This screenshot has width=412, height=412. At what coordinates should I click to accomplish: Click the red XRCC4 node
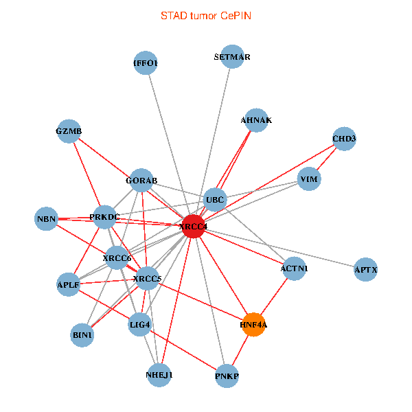[193, 227]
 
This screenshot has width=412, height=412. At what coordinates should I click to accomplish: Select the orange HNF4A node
[253, 324]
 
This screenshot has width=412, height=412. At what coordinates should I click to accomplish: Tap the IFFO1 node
[146, 63]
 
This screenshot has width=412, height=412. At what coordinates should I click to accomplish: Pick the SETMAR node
[232, 57]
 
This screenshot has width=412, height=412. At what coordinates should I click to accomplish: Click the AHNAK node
[256, 120]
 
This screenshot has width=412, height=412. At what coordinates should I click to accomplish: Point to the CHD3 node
[344, 139]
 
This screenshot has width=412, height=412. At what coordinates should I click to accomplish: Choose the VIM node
[309, 180]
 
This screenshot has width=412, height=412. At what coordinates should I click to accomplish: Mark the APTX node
[366, 270]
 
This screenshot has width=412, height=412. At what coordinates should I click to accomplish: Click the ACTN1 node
[294, 269]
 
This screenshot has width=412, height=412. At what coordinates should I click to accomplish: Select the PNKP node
[227, 376]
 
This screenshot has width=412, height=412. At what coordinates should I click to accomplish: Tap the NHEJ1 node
[159, 376]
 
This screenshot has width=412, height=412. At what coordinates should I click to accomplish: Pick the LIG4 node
[140, 323]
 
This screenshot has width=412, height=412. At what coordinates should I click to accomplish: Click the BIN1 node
[82, 335]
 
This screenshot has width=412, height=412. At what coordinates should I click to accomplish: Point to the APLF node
[68, 284]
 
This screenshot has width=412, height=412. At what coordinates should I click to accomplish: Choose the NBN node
[46, 219]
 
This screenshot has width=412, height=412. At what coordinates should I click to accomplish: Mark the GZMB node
[69, 131]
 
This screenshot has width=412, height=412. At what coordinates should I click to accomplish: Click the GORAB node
[141, 181]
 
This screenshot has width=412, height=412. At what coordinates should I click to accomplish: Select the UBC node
[215, 201]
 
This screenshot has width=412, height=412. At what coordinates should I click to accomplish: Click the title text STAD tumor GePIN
[205, 15]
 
